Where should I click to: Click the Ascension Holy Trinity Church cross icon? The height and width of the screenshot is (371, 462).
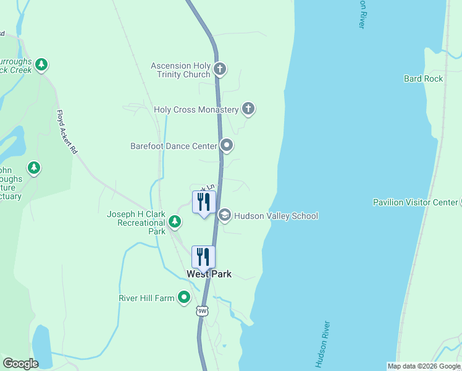220,68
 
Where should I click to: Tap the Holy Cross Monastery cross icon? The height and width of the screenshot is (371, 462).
248,109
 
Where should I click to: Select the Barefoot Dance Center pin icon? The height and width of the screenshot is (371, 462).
227,146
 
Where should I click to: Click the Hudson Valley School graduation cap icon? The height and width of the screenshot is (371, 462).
224,215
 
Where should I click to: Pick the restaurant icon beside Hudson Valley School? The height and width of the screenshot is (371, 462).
203,202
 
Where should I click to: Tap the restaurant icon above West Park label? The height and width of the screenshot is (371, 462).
203,257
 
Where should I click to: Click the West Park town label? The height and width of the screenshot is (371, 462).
209,273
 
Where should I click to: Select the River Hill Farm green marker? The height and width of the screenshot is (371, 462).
183,298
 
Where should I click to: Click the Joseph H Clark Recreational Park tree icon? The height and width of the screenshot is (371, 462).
175,221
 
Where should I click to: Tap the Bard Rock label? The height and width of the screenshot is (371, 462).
423,79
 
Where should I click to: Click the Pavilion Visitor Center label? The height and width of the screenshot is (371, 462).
414,202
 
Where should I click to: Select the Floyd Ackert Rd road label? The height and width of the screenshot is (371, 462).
67,132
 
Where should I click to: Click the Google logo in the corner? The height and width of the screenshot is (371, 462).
20,364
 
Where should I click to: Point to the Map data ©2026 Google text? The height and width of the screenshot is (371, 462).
424,366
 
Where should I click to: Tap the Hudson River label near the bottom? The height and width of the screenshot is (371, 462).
323,344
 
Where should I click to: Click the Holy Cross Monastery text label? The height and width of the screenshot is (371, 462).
196,110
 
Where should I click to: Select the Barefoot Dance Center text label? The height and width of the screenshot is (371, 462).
174,147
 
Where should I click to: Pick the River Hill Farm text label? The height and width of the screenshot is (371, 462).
146,298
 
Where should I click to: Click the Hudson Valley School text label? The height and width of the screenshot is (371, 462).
276,216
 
